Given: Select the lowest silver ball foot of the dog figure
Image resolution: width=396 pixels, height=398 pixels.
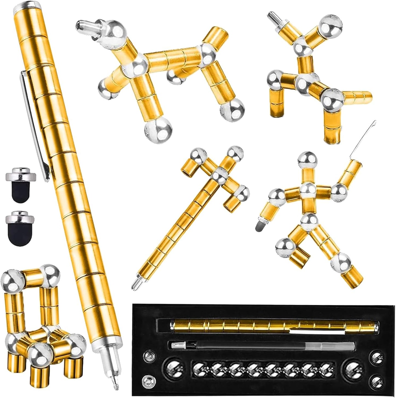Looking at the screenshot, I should pos(158,129).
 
